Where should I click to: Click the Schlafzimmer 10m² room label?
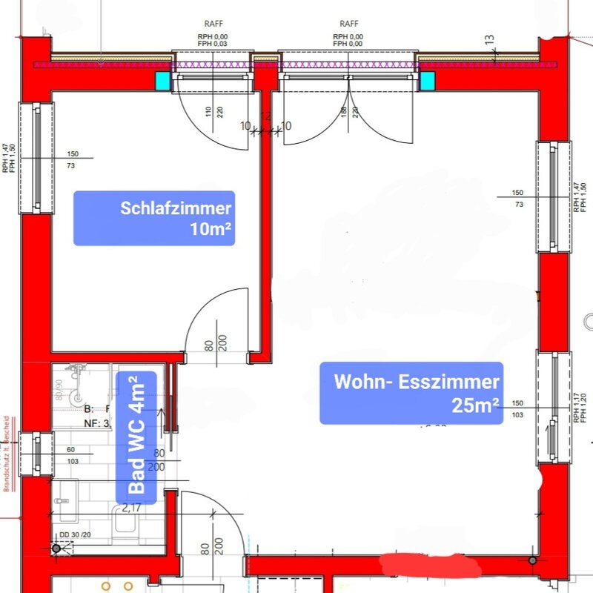(153, 218)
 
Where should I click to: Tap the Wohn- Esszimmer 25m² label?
(411, 393)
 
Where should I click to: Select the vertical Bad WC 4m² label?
(136, 437)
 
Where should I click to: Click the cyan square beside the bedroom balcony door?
(162, 80)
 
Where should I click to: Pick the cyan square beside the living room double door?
(428, 80)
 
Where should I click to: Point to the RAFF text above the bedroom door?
(213, 23)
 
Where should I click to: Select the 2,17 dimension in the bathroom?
(132, 508)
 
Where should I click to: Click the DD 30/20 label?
(74, 534)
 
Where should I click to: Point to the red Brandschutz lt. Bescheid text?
(7, 453)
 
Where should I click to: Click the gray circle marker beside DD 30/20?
(56, 549)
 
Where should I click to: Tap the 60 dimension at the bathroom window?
(71, 450)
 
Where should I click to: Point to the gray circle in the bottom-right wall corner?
(532, 560)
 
